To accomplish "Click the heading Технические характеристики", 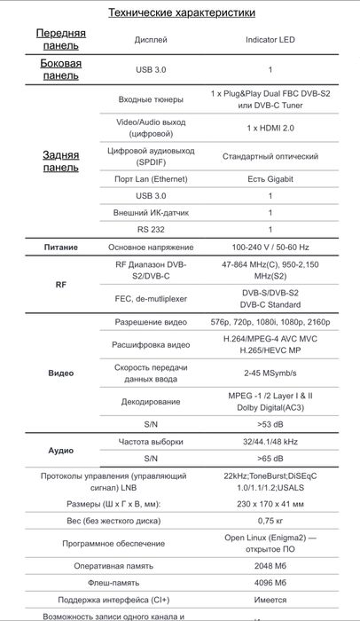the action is click(181, 12).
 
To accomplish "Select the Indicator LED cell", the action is click(270, 40).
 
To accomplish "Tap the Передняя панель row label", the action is click(61, 39).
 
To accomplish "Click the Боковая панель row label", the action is click(61, 69).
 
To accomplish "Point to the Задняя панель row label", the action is click(61, 161).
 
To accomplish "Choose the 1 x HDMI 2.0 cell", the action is click(270, 127).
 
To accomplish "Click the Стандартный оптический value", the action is click(270, 156).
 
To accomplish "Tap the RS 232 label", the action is click(150, 229).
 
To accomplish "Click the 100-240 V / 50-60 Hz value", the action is click(270, 248).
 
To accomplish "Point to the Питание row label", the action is click(61, 248).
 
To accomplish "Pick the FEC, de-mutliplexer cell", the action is click(150, 299).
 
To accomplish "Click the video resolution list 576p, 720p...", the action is click(270, 320).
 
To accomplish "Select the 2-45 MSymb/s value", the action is click(270, 373).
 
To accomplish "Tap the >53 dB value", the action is click(270, 424).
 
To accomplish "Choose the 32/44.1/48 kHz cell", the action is click(270, 441).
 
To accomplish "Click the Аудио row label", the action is click(61, 450).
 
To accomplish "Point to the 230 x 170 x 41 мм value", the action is click(270, 503).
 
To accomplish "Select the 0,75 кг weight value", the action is click(270, 521).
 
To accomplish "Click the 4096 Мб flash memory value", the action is click(270, 581).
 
